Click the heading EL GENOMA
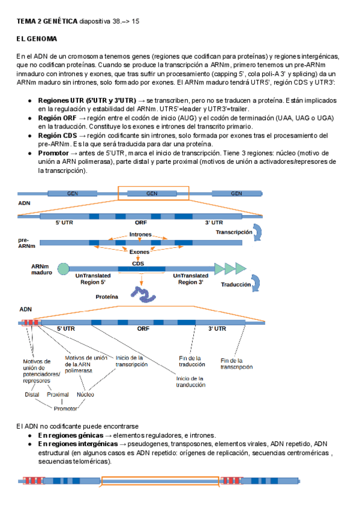tap(37, 39)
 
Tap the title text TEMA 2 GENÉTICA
tap(46, 21)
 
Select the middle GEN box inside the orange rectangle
tap(152, 193)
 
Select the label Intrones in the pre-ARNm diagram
tap(140, 235)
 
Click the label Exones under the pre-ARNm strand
tap(140, 252)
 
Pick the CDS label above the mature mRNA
tap(138, 262)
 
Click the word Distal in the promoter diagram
tap(32, 394)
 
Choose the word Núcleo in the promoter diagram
tap(85, 394)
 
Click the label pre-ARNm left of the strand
tap(26, 243)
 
